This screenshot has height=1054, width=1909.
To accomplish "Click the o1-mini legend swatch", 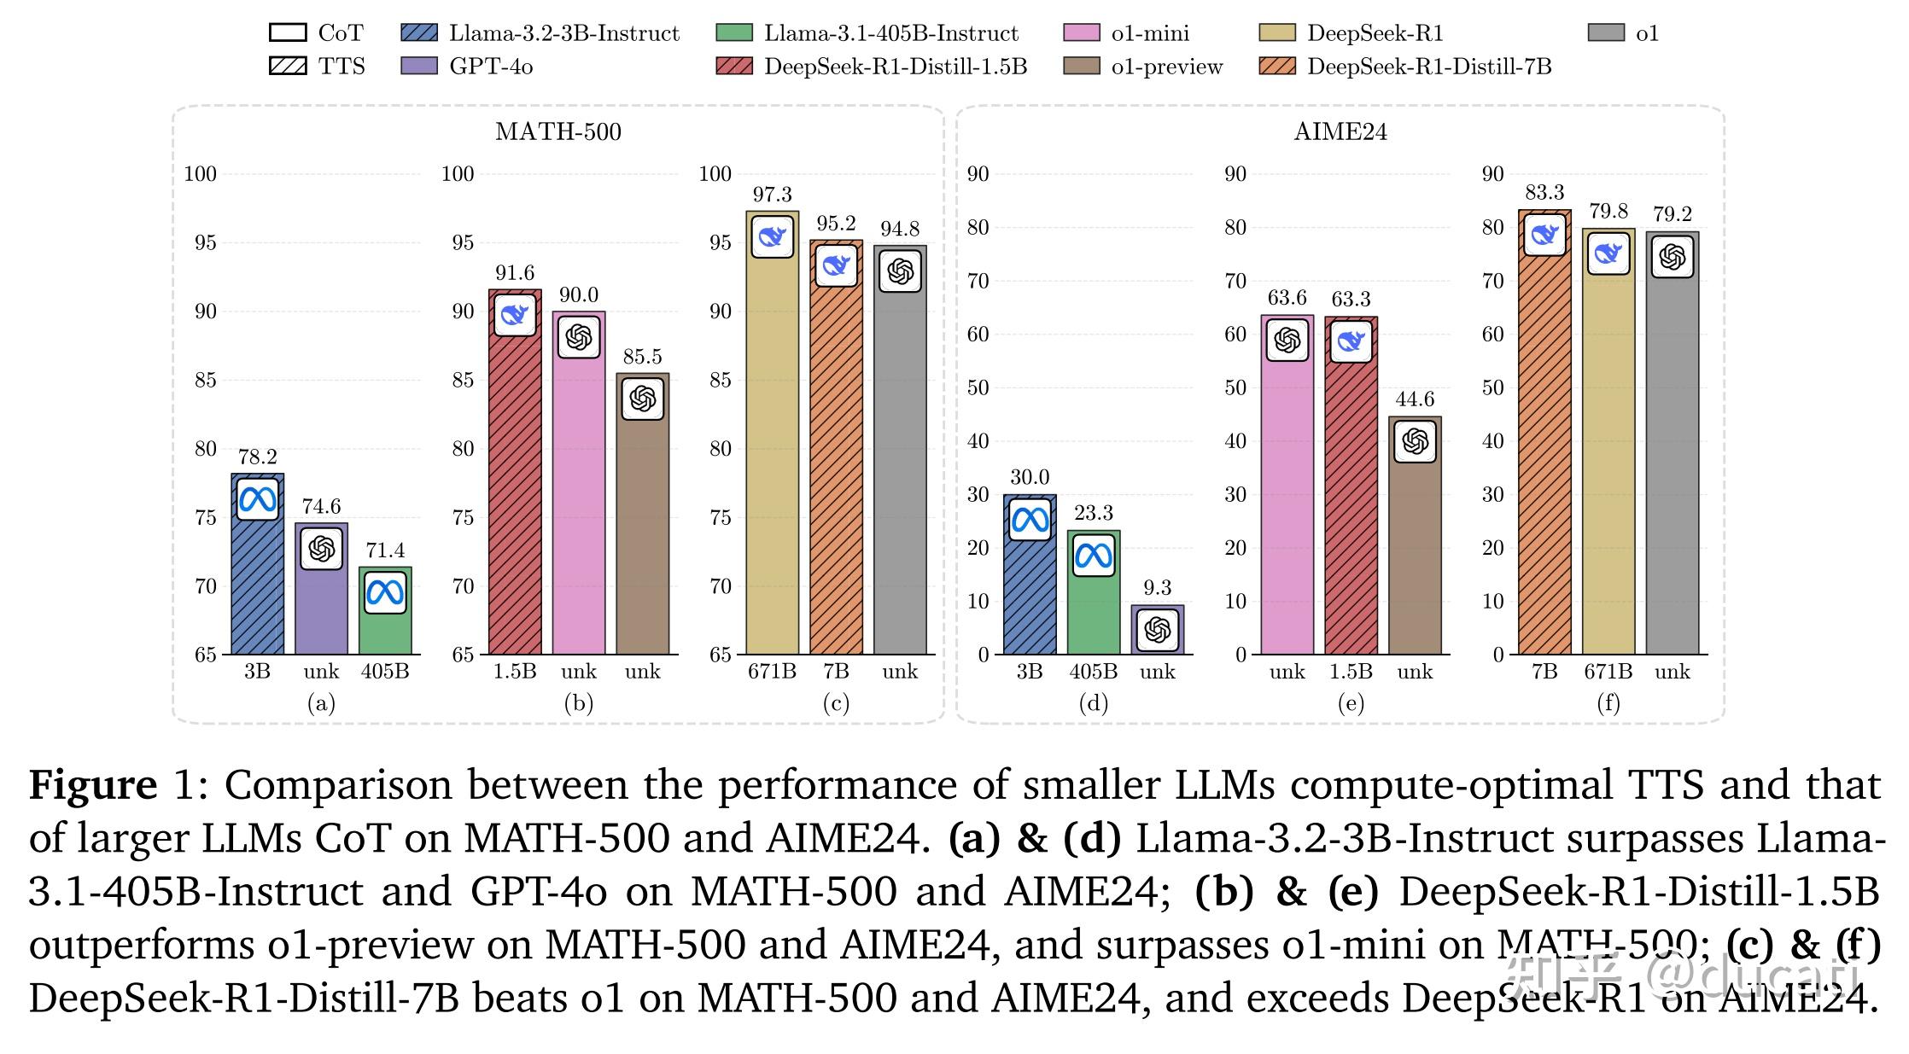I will (1082, 33).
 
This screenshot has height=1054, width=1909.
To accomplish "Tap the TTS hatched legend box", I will (288, 67).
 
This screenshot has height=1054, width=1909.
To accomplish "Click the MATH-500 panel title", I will (558, 131).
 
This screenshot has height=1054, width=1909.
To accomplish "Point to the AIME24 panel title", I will (1340, 131).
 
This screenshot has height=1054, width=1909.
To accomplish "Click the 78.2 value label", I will (257, 457).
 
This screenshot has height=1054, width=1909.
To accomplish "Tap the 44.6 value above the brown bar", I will (1415, 399).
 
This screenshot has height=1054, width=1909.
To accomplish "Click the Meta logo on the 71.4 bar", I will (385, 592).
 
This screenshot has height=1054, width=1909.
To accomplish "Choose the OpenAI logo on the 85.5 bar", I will (642, 399).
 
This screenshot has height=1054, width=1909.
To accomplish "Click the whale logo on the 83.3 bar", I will (1544, 234).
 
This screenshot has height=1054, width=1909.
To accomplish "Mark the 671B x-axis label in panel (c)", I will (772, 673).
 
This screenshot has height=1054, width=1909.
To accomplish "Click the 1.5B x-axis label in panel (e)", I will (1351, 673).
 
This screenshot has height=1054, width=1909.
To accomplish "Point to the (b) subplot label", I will (578, 703).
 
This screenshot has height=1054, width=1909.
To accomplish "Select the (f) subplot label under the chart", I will (1608, 703).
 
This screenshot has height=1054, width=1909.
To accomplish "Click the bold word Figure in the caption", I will (93, 784).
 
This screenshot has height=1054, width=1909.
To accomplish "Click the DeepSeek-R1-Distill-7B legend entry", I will (1428, 67).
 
